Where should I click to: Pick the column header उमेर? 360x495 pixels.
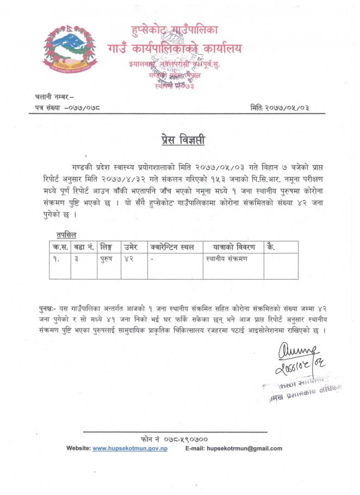click(x=131, y=247)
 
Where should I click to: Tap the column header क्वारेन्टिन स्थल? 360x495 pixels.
click(x=172, y=247)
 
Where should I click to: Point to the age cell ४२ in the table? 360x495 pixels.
click(x=129, y=259)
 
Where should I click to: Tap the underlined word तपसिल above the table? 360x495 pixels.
click(x=66, y=234)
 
